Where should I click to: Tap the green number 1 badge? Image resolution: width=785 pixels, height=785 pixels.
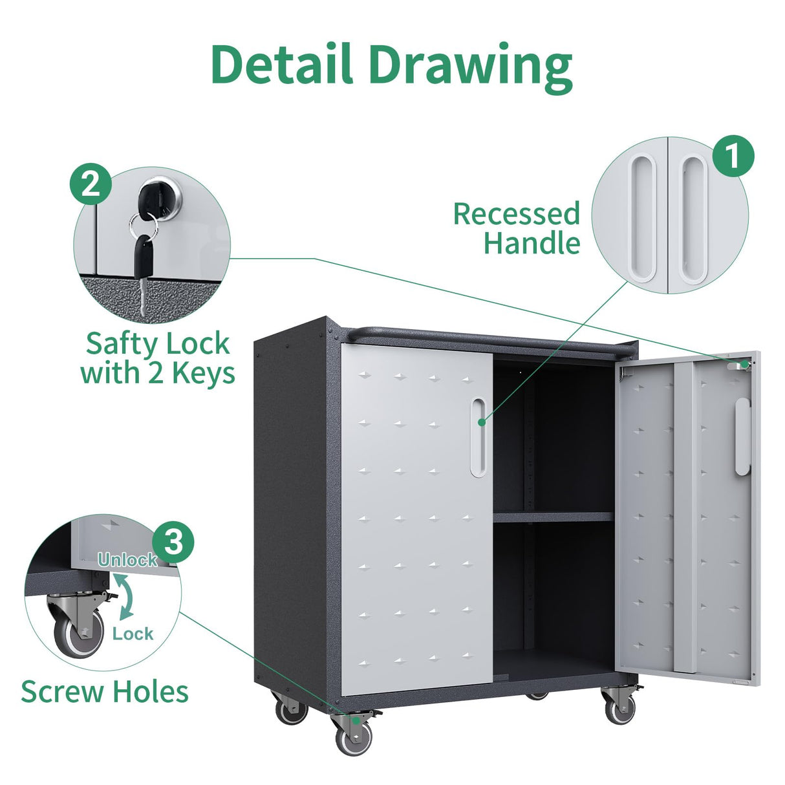tap(733, 158)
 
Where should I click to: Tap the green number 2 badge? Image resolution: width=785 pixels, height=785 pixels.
tap(91, 185)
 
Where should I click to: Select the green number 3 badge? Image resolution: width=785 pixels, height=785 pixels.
tap(173, 543)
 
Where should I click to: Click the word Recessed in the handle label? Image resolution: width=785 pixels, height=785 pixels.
tap(515, 214)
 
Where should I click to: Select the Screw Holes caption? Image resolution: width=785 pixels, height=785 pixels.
tap(105, 691)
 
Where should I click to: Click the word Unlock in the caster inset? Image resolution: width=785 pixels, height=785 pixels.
tap(127, 560)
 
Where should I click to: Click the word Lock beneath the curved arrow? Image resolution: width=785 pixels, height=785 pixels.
tap(133, 634)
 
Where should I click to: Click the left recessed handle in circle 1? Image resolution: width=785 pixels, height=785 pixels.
tap(643, 219)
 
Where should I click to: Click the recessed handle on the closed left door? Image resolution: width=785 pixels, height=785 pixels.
tap(478, 437)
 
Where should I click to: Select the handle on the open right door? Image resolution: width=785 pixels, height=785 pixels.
tap(742, 437)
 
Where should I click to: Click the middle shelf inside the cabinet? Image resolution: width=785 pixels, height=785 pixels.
tap(553, 517)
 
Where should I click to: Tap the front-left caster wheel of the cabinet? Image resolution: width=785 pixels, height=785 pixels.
tap(354, 735)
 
